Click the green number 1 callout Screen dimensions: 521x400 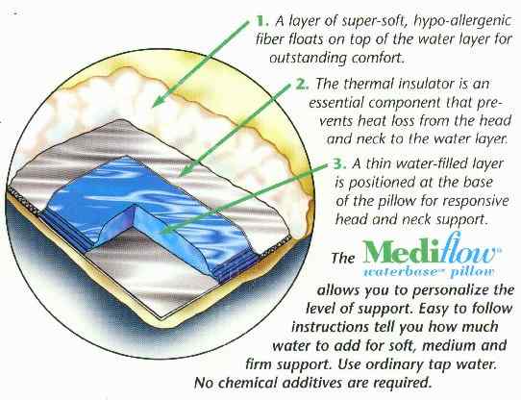pos(261,21)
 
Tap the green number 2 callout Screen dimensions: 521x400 pos(302,84)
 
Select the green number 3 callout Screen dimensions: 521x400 pos(339,163)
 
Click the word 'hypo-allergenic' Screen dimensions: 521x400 pos(462,21)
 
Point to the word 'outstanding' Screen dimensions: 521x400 pos(308,59)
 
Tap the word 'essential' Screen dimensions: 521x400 pos(336,102)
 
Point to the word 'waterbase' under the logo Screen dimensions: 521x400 pos(404,272)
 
